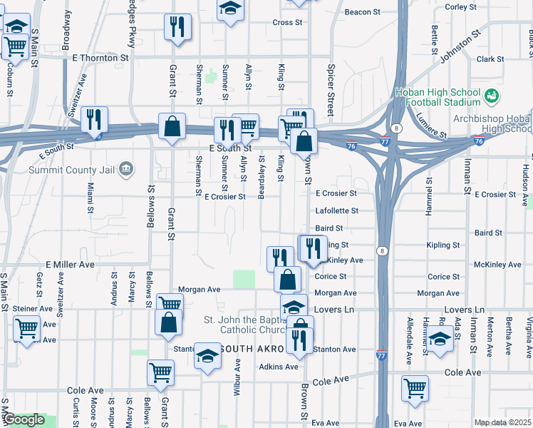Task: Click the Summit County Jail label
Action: click(71, 170)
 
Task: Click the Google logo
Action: click(24, 419)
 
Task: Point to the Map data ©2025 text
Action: click(503, 422)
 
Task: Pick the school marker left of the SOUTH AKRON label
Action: click(207, 355)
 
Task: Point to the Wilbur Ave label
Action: click(236, 377)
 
